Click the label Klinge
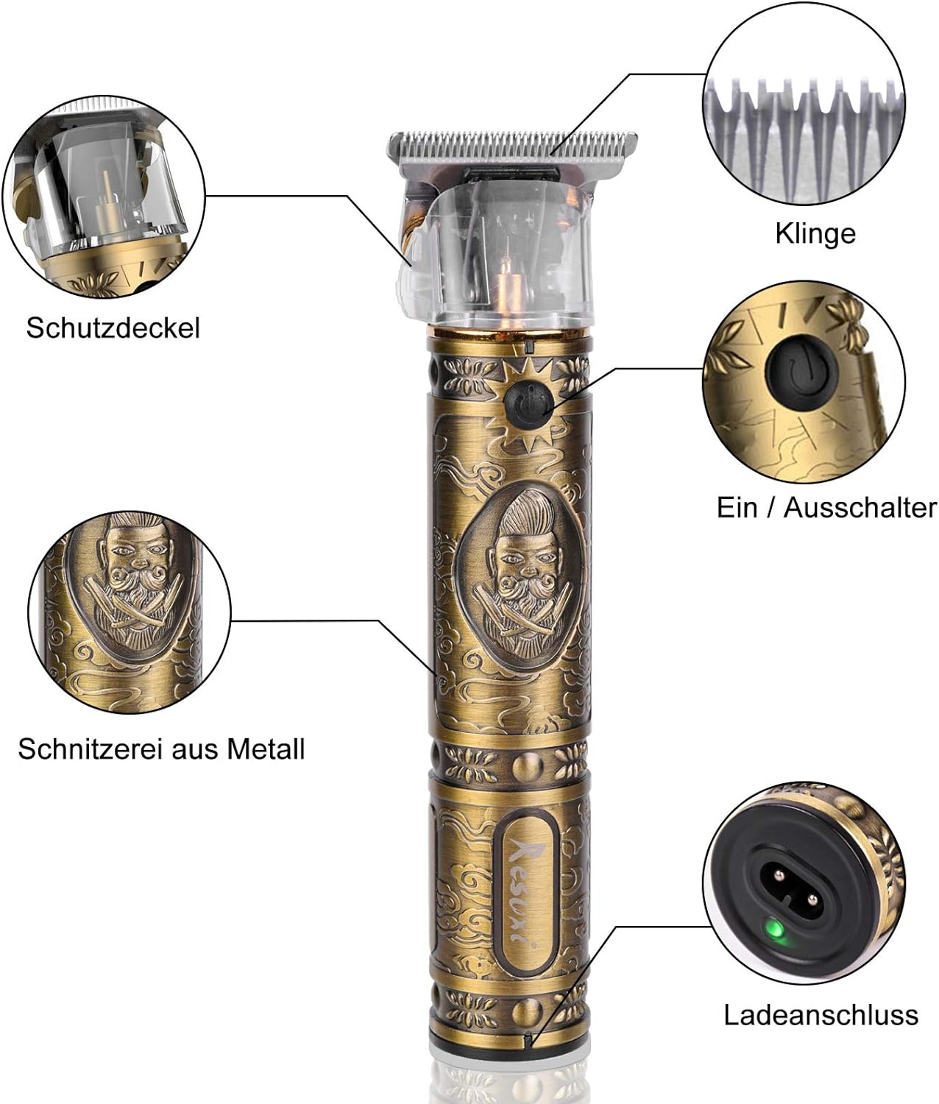[x=815, y=233]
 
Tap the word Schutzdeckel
[x=113, y=328]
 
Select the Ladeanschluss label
[x=821, y=1015]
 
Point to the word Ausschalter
[x=860, y=507]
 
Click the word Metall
[x=266, y=749]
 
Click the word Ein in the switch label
[x=737, y=507]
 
